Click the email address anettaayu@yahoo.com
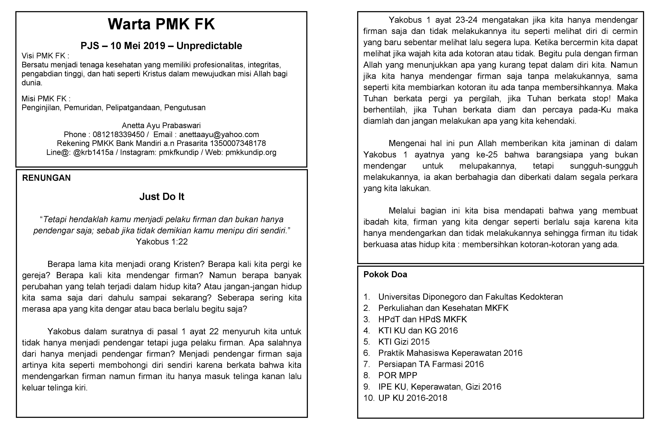click(219, 135)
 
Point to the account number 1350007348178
click(238, 143)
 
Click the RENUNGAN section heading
click(46, 178)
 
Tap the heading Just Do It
click(162, 196)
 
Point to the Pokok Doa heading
click(385, 275)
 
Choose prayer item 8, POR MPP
click(398, 375)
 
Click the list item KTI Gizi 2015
click(404, 342)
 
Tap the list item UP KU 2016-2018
click(413, 398)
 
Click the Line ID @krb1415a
click(93, 152)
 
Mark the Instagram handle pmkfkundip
click(179, 152)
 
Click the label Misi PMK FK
click(46, 99)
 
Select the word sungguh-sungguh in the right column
click(604, 166)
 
